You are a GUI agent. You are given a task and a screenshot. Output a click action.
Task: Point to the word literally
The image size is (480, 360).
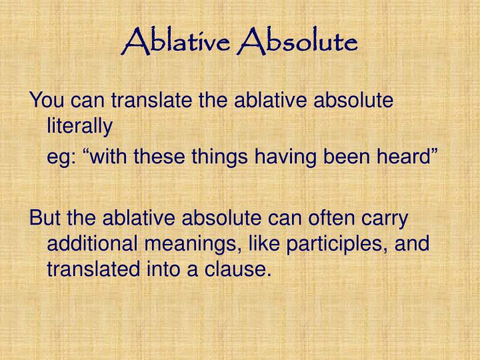[80, 125]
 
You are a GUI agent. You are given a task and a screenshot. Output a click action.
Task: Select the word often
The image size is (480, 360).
[326, 219]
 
